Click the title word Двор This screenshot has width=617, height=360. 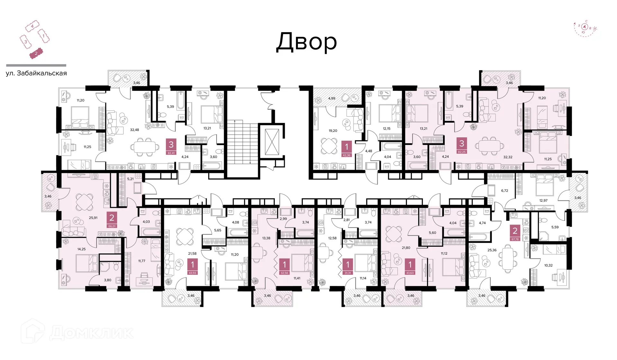tap(307, 42)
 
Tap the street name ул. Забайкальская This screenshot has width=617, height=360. tap(36, 73)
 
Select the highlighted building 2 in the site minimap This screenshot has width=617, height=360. tap(36, 54)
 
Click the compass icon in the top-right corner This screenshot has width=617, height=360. tap(585, 29)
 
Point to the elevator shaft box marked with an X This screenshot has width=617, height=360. tap(272, 142)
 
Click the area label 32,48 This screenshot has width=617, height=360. tap(134, 130)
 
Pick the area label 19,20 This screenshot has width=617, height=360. tap(333, 131)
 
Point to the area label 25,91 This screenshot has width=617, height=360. tap(93, 218)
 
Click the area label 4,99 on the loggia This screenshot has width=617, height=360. tap(332, 98)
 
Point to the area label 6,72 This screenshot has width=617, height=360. tap(505, 190)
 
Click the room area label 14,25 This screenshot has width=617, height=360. tap(82, 249)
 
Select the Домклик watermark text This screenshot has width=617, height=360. tap(91, 333)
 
